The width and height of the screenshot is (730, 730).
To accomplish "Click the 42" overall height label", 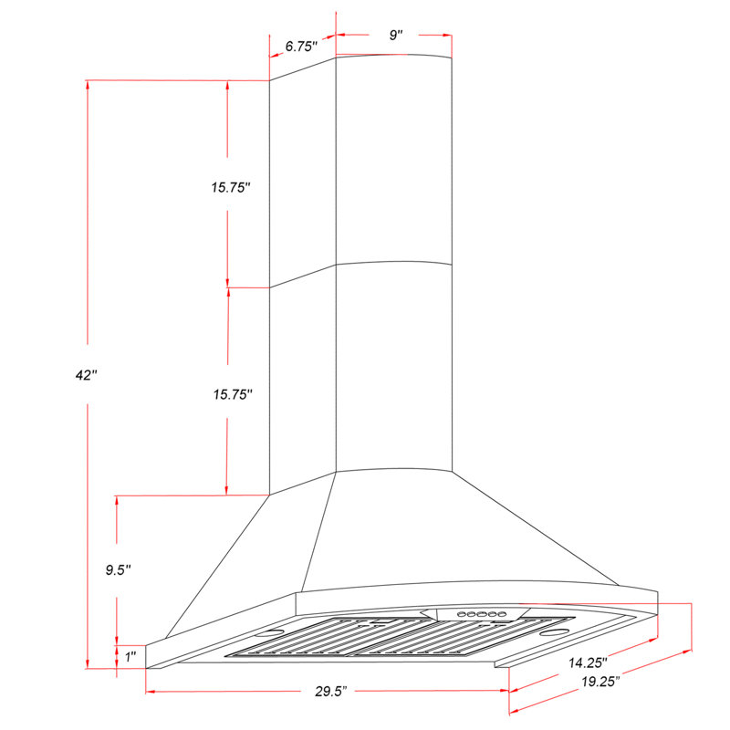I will point(86,374).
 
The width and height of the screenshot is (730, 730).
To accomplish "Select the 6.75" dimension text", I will point(300,46).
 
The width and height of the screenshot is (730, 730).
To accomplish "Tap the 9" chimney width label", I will point(395,35).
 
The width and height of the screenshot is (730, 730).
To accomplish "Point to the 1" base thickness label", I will point(130,656).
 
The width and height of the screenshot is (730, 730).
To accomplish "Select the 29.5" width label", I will point(326,692).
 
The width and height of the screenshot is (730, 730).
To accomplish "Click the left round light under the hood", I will point(272,632).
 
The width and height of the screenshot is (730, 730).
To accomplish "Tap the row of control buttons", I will point(478,615).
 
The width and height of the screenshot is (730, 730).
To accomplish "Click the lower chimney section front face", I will point(394,365).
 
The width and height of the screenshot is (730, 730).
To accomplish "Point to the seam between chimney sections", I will point(394,264).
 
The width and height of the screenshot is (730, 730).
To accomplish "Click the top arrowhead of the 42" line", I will point(87,85).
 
